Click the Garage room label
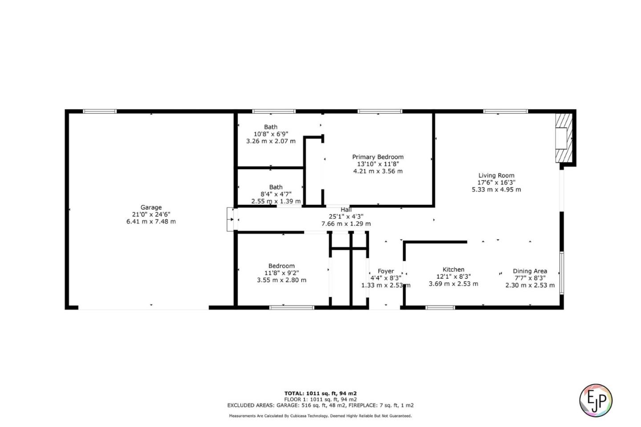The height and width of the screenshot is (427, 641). coord(151,207)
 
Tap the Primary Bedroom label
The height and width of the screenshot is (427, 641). coord(377,157)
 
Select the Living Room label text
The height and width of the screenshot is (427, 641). coord(496,175)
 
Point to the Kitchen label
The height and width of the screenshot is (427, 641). coord(453,269)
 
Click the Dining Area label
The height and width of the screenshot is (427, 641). coord(530,271)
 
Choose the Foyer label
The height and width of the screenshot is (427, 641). coord(385,271)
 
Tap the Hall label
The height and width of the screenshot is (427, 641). coord(346,210)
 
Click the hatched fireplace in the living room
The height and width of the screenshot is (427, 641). coord(563,138)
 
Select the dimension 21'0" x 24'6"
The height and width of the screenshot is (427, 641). coord(151,214)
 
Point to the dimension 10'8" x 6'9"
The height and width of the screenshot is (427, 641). coord(271,134)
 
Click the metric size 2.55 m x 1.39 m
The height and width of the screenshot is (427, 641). coord(276,201)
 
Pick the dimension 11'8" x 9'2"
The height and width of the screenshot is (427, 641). coord(281,273)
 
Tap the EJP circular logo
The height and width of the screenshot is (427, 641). coord(596,400)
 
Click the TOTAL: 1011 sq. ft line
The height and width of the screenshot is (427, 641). coord(320,393)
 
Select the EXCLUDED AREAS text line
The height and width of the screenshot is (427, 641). coord(320,405)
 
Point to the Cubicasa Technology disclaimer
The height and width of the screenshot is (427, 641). coord(320,416)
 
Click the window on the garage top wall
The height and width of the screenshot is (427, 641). coord(100,111)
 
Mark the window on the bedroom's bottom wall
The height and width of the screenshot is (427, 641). coord(292,307)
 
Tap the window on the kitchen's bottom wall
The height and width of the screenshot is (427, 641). coord(440,307)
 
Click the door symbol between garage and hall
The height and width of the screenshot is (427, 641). coord(231,219)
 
